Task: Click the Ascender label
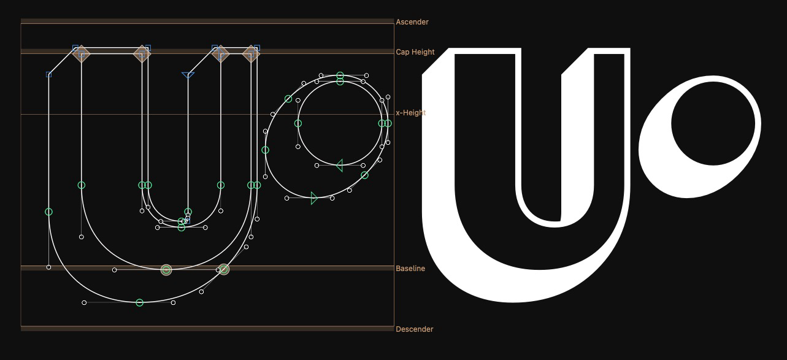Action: [412, 22]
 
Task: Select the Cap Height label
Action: [415, 52]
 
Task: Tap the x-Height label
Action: [411, 113]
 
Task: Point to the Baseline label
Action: [410, 269]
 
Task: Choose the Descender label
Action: [415, 329]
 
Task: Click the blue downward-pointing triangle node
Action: [188, 75]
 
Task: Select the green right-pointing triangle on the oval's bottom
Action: [314, 198]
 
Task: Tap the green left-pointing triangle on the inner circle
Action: [339, 165]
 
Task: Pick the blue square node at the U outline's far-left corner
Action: [49, 74]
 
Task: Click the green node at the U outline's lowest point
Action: [139, 302]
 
